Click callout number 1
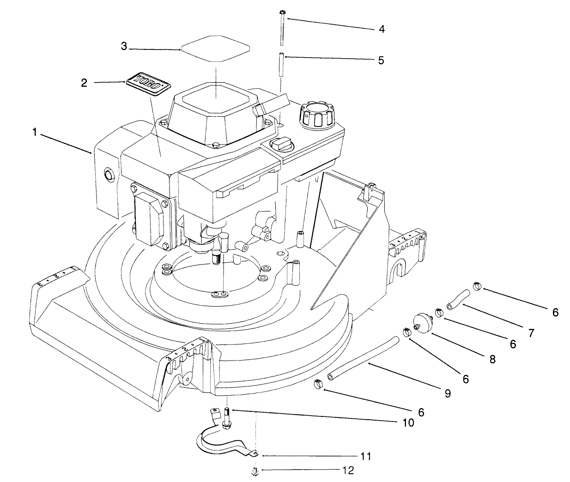pos(35,133)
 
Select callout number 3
pos(124,47)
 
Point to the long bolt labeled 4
pos(282,28)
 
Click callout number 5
pos(381,60)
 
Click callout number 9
pos(447,393)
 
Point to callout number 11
pos(366,457)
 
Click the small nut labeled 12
pos(255,471)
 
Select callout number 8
pos(492,359)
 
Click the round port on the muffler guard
pos(109,175)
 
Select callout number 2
pos(84,83)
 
